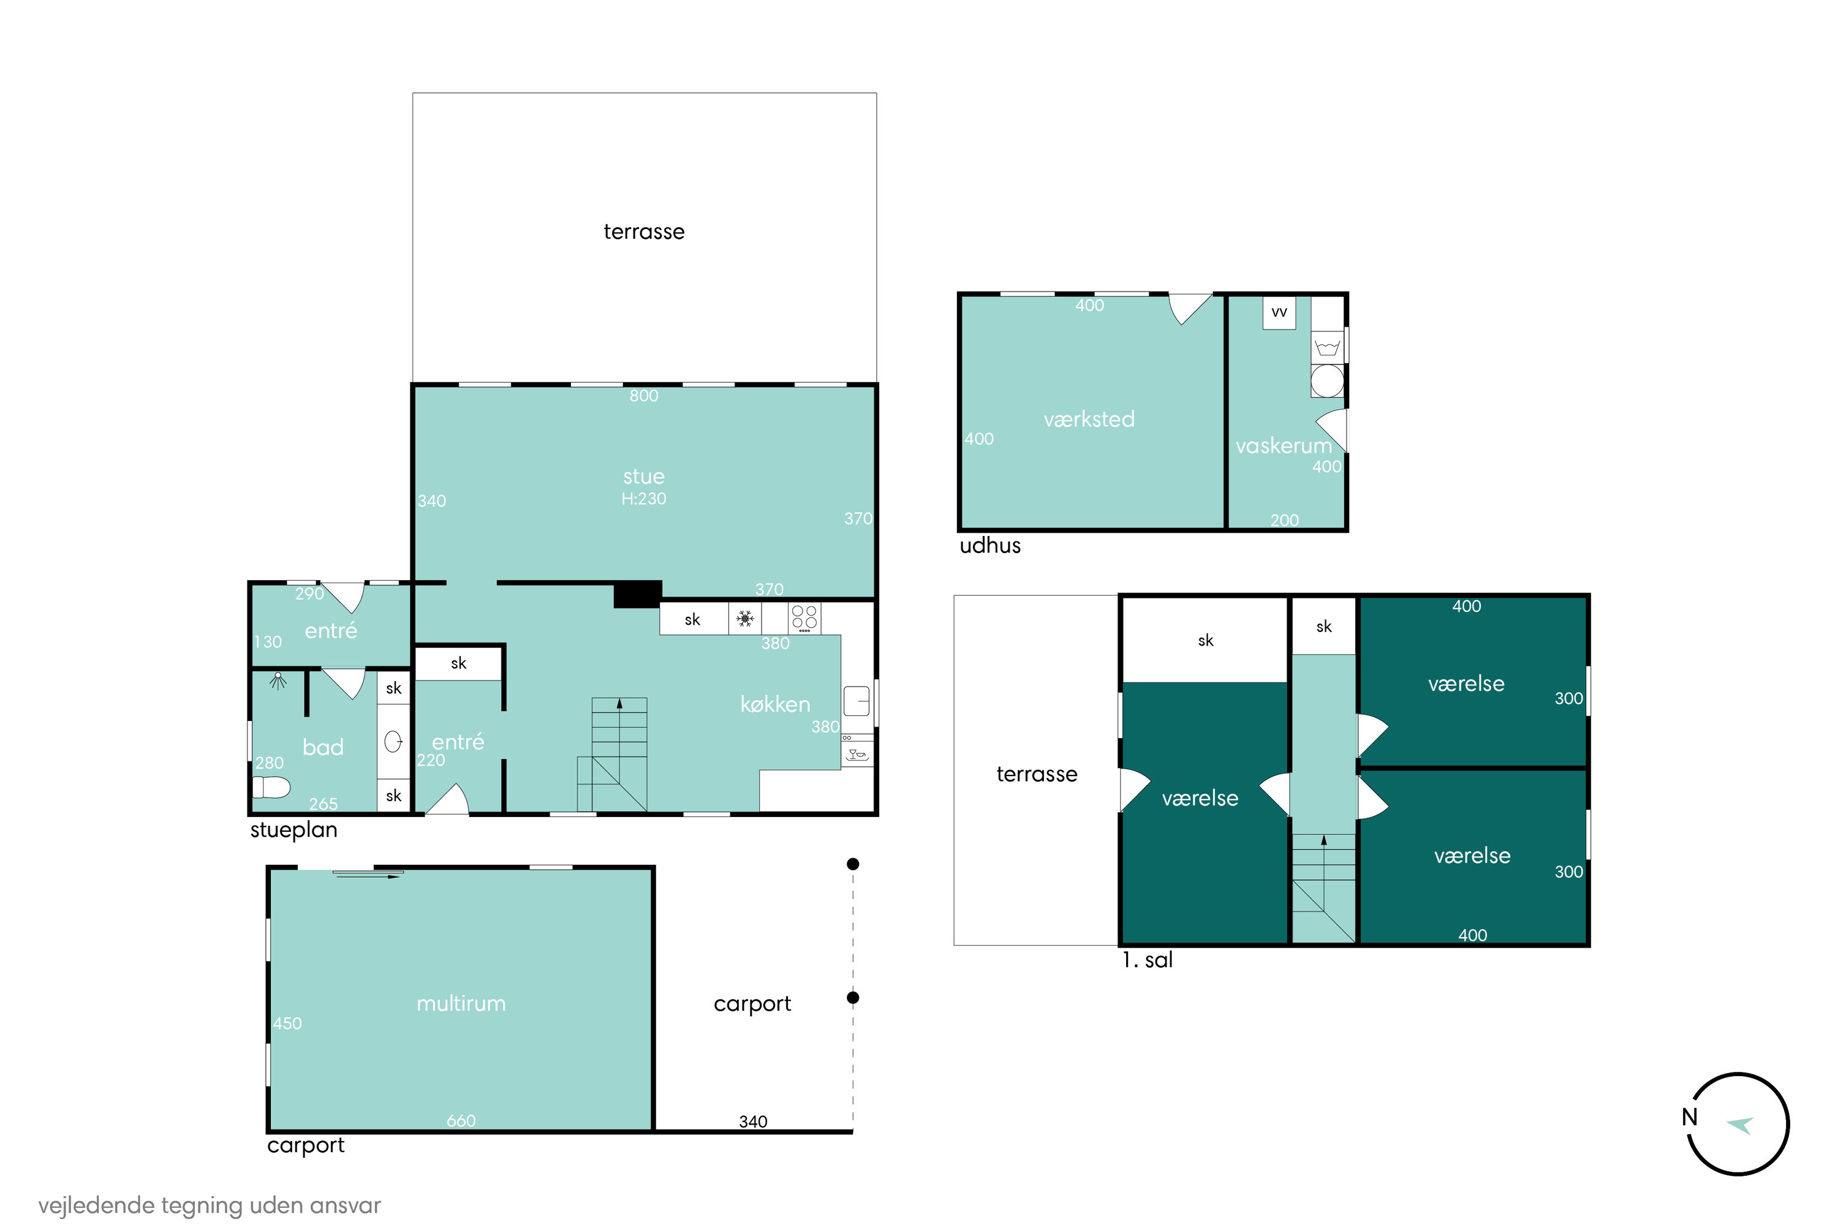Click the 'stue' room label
pyautogui.click(x=644, y=477)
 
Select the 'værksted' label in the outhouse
pyautogui.click(x=1089, y=419)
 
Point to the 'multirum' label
pyautogui.click(x=461, y=1003)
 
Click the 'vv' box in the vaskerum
pyautogui.click(x=1279, y=312)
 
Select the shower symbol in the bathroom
pyautogui.click(x=278, y=681)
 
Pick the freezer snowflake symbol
pyautogui.click(x=746, y=619)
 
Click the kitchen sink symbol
pyautogui.click(x=857, y=701)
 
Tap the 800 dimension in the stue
pyautogui.click(x=644, y=396)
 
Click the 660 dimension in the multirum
pyautogui.click(x=461, y=1120)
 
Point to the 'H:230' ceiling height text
pyautogui.click(x=644, y=499)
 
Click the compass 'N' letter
pyautogui.click(x=1690, y=1117)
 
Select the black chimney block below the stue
pyautogui.click(x=638, y=595)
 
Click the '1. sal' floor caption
pyautogui.click(x=1147, y=960)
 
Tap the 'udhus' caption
pyautogui.click(x=990, y=545)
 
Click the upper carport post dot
pyautogui.click(x=853, y=864)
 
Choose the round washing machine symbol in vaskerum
pyautogui.click(x=1327, y=381)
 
